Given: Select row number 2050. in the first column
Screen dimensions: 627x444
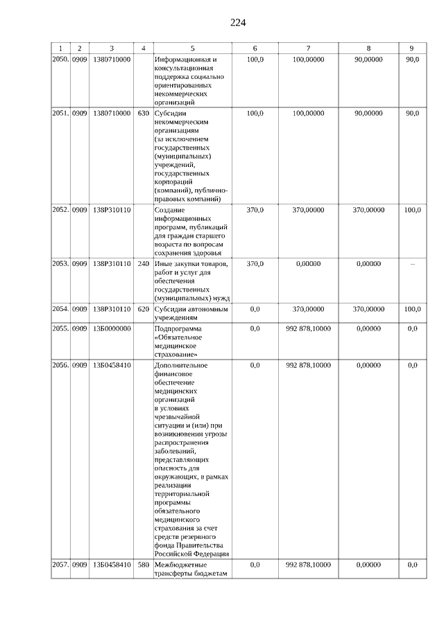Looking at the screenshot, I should pyautogui.click(x=61, y=60).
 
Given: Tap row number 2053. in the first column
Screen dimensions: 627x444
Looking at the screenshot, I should pyautogui.click(x=61, y=263).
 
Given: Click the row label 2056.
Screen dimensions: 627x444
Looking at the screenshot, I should pyautogui.click(x=61, y=364).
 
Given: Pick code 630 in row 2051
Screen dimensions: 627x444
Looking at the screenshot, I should pyautogui.click(x=144, y=112).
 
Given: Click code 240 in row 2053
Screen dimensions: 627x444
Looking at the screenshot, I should pyautogui.click(x=144, y=263).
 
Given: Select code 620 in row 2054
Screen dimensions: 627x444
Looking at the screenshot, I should pyautogui.click(x=144, y=309).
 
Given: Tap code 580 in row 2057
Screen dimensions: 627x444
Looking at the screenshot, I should pyautogui.click(x=144, y=565).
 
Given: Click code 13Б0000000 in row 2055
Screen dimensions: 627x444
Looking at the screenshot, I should pyautogui.click(x=111, y=328).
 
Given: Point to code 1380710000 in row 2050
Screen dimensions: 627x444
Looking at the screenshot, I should pyautogui.click(x=111, y=60).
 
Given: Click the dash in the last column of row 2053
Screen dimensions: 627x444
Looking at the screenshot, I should pyautogui.click(x=412, y=263).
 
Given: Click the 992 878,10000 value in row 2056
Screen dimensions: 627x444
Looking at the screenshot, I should pyautogui.click(x=308, y=364).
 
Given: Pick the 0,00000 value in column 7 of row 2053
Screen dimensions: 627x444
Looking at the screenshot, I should pyautogui.click(x=308, y=263).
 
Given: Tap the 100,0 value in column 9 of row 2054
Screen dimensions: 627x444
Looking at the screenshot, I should pyautogui.click(x=412, y=309).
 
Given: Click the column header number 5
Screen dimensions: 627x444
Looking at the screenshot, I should pyautogui.click(x=192, y=48).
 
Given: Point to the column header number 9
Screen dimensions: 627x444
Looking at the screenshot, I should pyautogui.click(x=412, y=48).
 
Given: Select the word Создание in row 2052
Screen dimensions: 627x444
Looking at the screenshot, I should pyautogui.click(x=171, y=209).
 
